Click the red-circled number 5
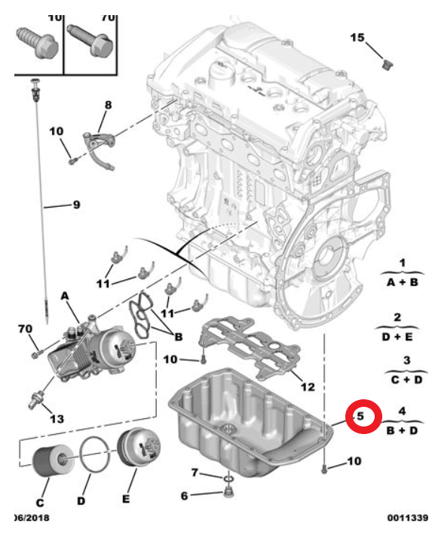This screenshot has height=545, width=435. pyautogui.click(x=360, y=415)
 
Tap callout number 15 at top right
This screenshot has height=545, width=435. pyautogui.click(x=357, y=38)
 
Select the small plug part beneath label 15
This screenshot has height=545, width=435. pyautogui.click(x=389, y=64)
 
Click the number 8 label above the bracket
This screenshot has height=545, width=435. pyautogui.click(x=107, y=105)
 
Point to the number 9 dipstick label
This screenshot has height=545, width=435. pyautogui.click(x=75, y=205)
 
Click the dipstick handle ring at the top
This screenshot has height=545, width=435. pyautogui.click(x=35, y=81)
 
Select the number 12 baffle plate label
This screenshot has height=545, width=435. pyautogui.click(x=307, y=387)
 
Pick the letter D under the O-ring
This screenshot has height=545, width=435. pyautogui.click(x=81, y=501)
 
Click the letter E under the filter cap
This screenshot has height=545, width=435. pyautogui.click(x=126, y=499)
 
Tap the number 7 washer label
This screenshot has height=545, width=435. pyautogui.click(x=195, y=473)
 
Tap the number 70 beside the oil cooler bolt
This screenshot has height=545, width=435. pyautogui.click(x=26, y=328)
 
